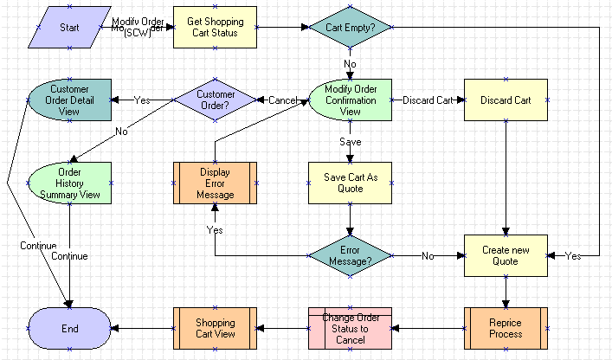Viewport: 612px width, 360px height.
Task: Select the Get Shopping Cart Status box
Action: [x=216, y=27]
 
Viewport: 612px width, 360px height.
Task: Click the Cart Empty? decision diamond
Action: [x=350, y=27]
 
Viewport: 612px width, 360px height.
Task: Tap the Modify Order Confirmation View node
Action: [x=350, y=100]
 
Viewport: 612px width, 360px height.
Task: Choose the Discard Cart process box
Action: [x=506, y=100]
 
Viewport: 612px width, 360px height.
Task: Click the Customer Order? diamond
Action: [x=216, y=100]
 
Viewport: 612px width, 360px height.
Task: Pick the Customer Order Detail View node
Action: [x=69, y=100]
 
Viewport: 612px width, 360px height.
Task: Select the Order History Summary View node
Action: [x=69, y=183]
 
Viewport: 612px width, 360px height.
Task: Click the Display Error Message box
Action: [x=216, y=183]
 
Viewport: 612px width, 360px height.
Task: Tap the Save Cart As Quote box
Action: [x=350, y=183]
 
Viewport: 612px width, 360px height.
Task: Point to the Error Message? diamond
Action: [x=350, y=255]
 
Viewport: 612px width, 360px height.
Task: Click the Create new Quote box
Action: [x=506, y=255]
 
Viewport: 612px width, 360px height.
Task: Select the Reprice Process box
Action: [x=506, y=328]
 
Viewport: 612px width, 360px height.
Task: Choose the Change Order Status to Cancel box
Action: [x=350, y=328]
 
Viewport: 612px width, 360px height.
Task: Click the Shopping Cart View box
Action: [x=216, y=328]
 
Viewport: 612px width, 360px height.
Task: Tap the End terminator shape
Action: [x=69, y=328]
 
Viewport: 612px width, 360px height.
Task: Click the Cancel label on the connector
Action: [x=282, y=100]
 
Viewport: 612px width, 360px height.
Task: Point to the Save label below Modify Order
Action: [x=350, y=141]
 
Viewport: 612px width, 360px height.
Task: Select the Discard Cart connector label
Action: [x=428, y=100]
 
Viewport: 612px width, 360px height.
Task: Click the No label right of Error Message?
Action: [x=427, y=256]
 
